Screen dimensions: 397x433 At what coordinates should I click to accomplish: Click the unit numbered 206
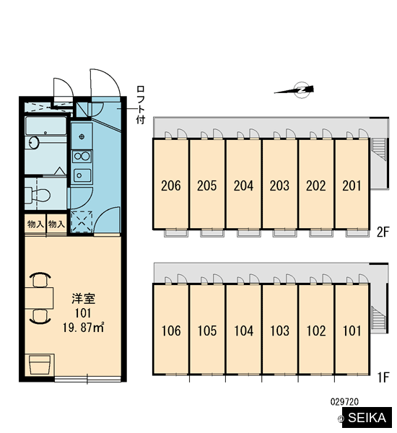click(171, 184)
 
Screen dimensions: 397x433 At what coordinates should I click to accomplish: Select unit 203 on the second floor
click(280, 184)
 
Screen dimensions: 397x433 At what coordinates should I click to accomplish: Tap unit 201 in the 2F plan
click(352, 184)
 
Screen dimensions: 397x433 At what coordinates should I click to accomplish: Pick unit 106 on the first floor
click(171, 330)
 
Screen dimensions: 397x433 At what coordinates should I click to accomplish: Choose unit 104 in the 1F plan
click(243, 330)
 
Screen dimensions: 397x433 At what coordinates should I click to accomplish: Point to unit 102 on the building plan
click(316, 330)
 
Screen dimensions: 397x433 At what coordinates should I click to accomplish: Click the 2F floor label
click(383, 232)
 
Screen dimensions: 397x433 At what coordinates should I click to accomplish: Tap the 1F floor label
click(383, 377)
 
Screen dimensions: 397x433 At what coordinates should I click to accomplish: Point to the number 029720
click(344, 402)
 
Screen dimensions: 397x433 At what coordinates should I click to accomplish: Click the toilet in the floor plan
click(38, 196)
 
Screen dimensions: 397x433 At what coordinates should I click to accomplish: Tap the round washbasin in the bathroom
click(34, 143)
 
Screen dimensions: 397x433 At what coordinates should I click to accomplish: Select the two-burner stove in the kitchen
click(82, 157)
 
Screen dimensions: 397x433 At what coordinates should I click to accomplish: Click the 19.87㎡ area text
click(84, 328)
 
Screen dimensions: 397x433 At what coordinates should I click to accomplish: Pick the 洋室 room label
click(84, 299)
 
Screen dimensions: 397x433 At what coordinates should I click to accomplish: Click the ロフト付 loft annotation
click(141, 105)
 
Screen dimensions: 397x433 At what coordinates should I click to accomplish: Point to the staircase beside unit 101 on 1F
click(379, 318)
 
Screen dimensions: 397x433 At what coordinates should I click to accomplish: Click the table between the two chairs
click(39, 298)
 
